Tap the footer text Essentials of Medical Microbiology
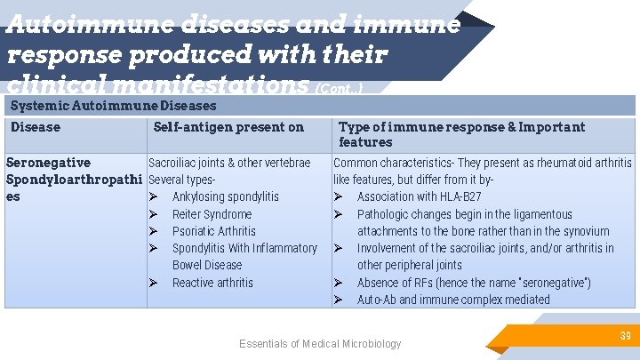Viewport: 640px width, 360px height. [x=320, y=344]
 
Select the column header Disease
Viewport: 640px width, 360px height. [x=36, y=127]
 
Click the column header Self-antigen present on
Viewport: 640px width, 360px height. [x=228, y=127]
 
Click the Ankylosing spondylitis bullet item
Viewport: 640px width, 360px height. [x=225, y=196]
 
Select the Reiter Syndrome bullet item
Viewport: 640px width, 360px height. [x=212, y=214]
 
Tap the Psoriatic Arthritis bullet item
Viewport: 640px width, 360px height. [x=213, y=231]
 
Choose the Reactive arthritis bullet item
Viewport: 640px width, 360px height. [x=212, y=283]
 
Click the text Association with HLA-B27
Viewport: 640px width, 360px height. [x=419, y=196]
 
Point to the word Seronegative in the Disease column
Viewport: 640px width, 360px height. [x=48, y=163]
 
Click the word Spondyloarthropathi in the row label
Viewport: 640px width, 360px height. [x=74, y=180]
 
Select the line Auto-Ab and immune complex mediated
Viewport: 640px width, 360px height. [x=453, y=300]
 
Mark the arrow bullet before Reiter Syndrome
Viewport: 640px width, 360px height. [x=154, y=214]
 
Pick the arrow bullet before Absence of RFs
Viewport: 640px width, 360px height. [x=339, y=283]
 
